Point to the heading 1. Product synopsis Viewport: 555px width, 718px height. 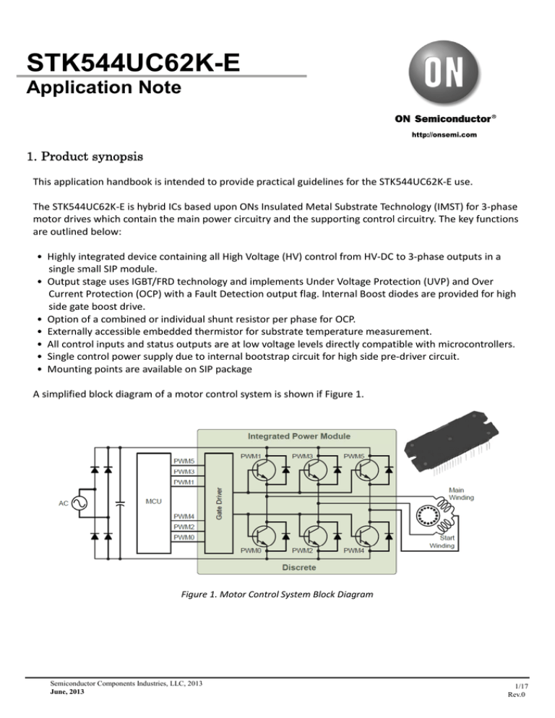click(84, 156)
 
